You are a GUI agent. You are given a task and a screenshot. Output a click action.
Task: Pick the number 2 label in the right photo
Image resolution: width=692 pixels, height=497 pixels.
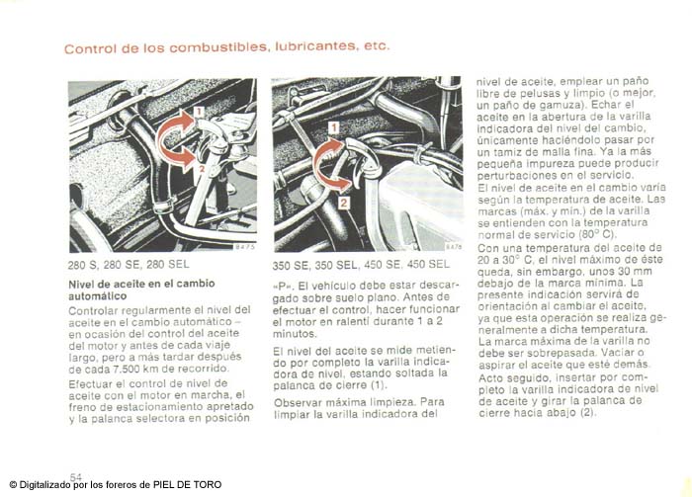click(x=343, y=202)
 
